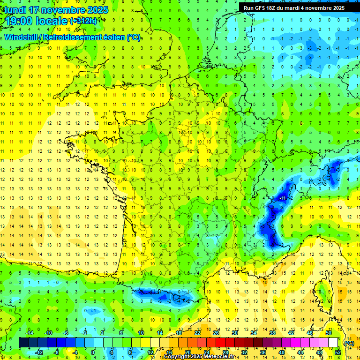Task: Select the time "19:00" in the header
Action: [18, 21]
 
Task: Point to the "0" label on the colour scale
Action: [92, 352]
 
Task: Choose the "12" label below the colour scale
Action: [151, 352]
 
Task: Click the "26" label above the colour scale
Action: [216, 333]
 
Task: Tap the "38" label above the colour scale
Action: [272, 333]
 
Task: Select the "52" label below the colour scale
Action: [338, 352]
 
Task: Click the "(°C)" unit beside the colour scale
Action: [349, 343]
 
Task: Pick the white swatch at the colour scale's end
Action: [333, 343]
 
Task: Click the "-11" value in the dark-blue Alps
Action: [282, 198]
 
